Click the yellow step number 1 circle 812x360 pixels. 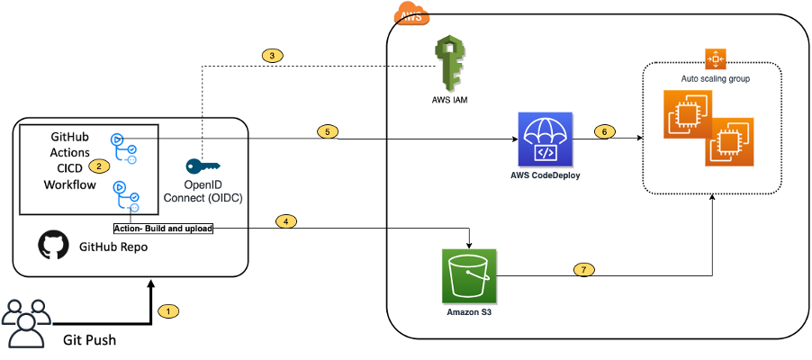(168, 311)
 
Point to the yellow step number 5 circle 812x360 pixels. (329, 130)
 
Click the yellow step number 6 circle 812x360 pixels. (606, 131)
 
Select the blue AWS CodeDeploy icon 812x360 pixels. (546, 139)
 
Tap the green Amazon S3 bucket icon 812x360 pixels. (469, 276)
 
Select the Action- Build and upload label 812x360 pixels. (163, 229)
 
